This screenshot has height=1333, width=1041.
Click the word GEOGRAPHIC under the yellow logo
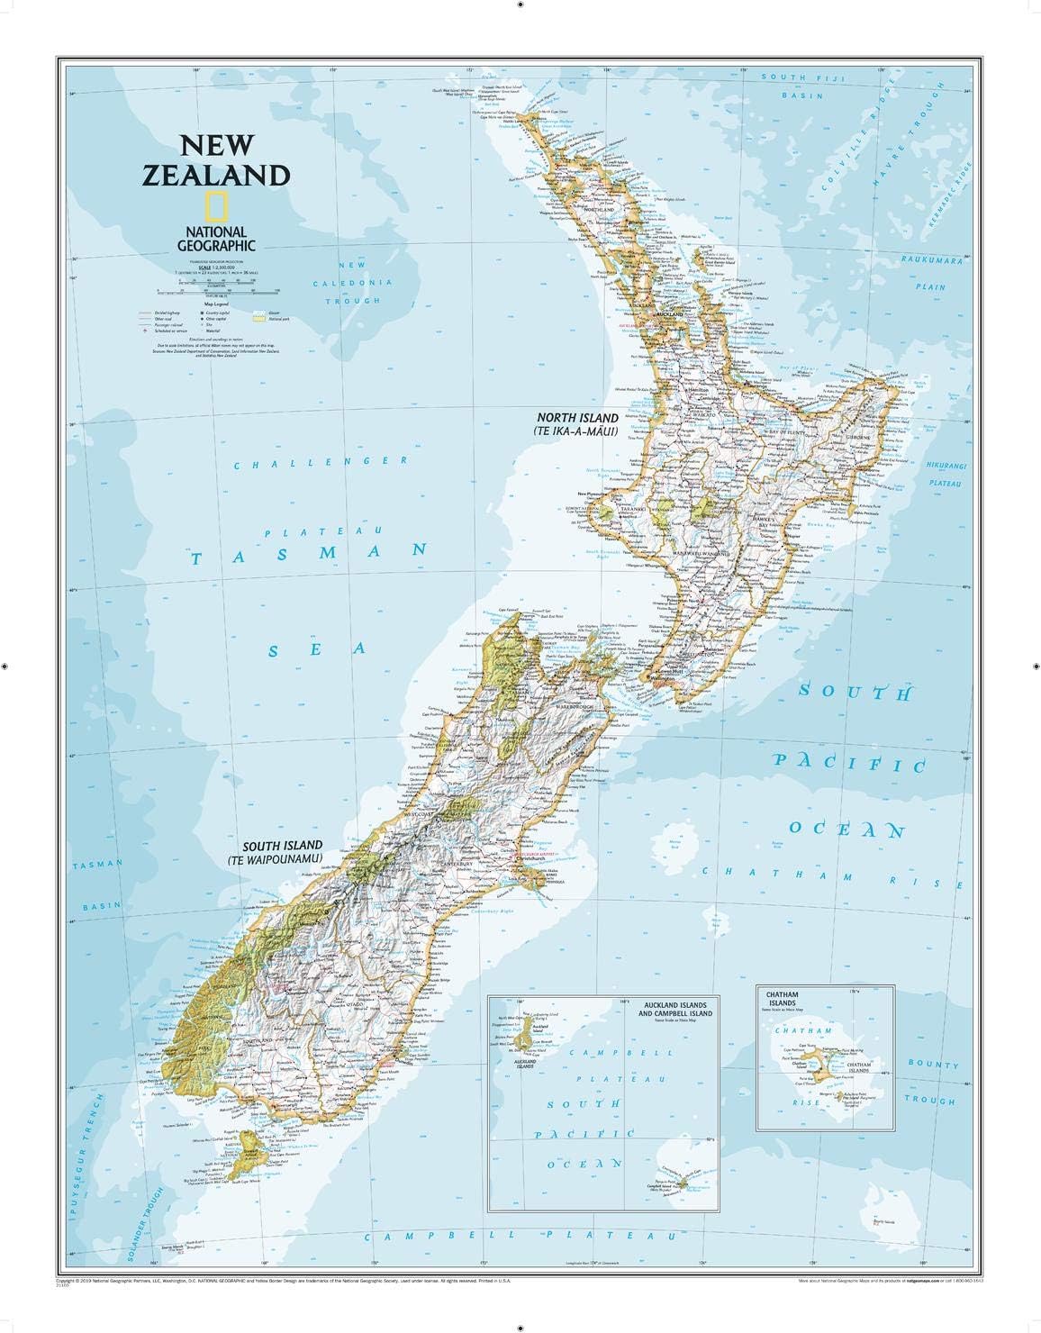pyautogui.click(x=216, y=244)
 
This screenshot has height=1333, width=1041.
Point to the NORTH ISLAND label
pyautogui.click(x=577, y=418)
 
